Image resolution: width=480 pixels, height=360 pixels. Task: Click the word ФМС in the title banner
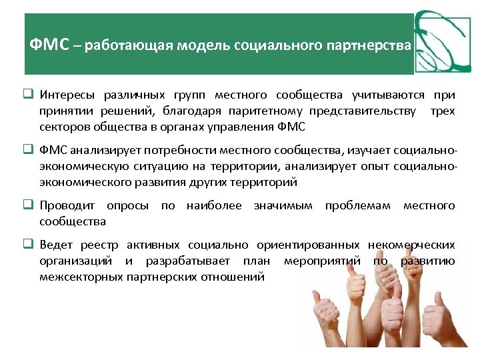click(x=50, y=46)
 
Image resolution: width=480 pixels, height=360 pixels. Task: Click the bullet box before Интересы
click(x=31, y=96)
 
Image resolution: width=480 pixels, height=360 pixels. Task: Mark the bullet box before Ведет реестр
click(x=31, y=245)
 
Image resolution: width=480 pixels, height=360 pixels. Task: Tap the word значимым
click(x=283, y=206)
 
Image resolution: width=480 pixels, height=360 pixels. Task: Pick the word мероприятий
click(x=320, y=261)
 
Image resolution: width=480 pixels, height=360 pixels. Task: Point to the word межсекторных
click(x=81, y=276)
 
